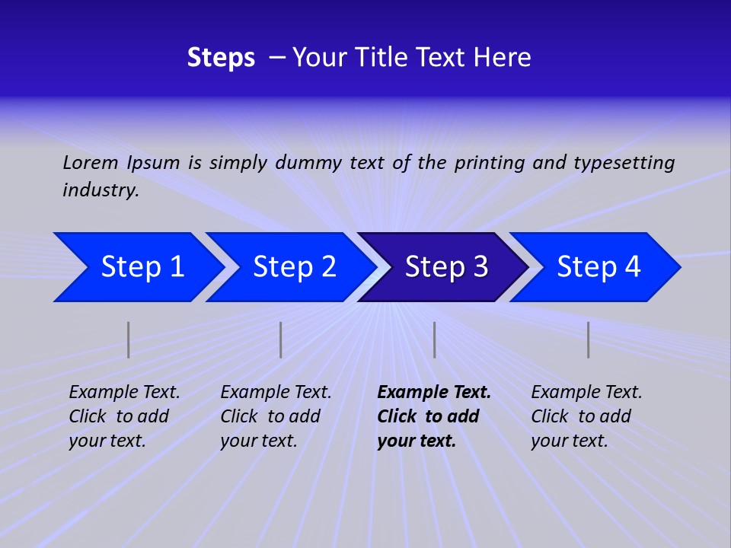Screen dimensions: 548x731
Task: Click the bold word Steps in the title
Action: pyautogui.click(x=221, y=58)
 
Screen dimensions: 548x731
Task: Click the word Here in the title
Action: pyautogui.click(x=502, y=58)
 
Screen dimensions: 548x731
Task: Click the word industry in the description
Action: pyautogui.click(x=100, y=190)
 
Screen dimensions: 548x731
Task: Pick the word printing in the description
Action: pyautogui.click(x=490, y=162)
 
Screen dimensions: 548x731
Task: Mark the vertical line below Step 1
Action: pyautogui.click(x=129, y=339)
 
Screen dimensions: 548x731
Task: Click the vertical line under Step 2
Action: pyautogui.click(x=281, y=339)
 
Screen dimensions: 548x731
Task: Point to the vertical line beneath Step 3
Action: pyautogui.click(x=435, y=339)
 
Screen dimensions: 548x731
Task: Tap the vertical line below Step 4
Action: pyautogui.click(x=589, y=339)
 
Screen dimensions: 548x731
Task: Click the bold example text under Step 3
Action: pyautogui.click(x=433, y=416)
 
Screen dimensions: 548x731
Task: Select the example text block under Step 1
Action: pyautogui.click(x=123, y=416)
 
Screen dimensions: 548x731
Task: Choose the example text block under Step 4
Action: pyautogui.click(x=586, y=416)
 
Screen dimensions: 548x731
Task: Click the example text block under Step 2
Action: pyautogui.click(x=275, y=416)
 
